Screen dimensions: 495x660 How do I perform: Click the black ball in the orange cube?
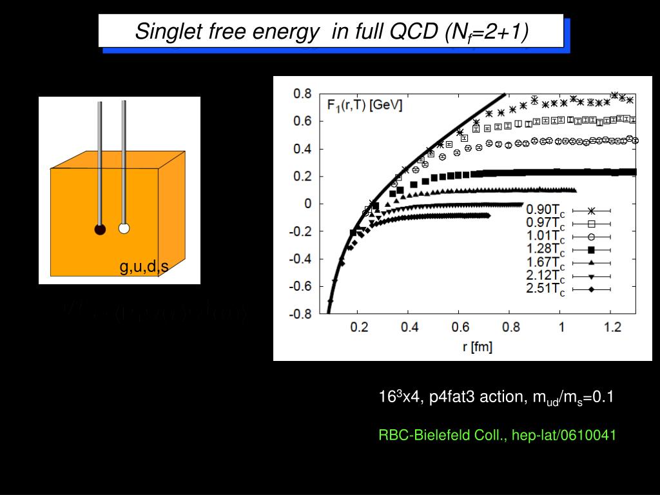pos(100,229)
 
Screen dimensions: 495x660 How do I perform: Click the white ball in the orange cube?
pos(124,228)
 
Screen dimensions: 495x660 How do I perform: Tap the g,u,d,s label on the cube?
pos(144,267)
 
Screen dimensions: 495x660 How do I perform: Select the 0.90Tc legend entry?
pos(545,211)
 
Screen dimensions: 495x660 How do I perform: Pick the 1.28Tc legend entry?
pos(545,249)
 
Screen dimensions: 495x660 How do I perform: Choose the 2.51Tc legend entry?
pos(545,289)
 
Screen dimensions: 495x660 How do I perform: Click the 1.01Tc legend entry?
pos(545,237)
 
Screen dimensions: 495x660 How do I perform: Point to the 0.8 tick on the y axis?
pos(302,93)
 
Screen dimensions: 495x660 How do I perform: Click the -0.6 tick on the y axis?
pos(300,286)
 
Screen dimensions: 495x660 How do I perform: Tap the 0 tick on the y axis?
pos(308,204)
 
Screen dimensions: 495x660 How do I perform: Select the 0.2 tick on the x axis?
pos(358,327)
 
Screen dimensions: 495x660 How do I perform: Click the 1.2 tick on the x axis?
pos(612,327)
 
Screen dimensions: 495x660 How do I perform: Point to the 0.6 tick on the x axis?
pos(460,327)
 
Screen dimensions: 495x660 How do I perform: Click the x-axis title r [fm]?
pos(477,347)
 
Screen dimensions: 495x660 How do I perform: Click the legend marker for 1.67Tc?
pos(590,263)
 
